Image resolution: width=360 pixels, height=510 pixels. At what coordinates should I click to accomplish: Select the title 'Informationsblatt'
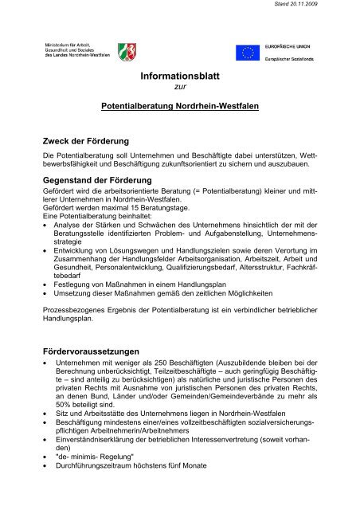[179, 79]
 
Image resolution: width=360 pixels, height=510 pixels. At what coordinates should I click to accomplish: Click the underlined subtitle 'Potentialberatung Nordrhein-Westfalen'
[179, 105]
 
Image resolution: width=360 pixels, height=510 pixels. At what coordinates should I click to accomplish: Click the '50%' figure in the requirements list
[68, 404]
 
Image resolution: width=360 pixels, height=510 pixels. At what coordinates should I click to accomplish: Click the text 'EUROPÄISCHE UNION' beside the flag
[288, 49]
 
